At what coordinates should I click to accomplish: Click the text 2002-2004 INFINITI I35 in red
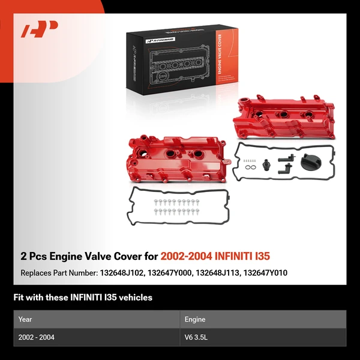(x=215, y=256)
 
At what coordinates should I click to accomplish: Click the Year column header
(x=25, y=319)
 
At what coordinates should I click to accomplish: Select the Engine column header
(x=196, y=319)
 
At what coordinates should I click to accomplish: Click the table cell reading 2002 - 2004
(x=37, y=337)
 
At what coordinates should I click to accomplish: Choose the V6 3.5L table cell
(x=199, y=337)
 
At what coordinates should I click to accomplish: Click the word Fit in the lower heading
(x=19, y=297)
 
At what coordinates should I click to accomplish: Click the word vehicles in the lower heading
(x=136, y=297)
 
